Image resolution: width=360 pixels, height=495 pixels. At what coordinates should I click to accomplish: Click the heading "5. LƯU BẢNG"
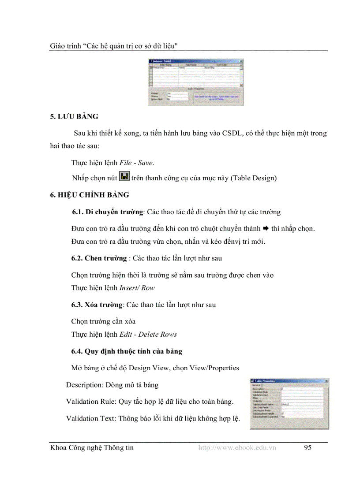point(74,117)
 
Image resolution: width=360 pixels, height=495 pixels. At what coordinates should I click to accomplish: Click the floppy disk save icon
point(124,177)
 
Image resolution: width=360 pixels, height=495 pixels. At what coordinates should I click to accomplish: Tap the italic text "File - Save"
point(137,163)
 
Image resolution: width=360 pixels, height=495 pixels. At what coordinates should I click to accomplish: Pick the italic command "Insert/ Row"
point(137,288)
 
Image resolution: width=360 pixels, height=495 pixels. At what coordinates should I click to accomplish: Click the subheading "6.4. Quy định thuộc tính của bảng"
point(127,351)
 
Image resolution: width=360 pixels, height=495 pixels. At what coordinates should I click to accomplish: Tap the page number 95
point(307,448)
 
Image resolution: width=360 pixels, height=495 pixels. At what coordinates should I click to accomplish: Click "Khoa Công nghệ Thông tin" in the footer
point(92,448)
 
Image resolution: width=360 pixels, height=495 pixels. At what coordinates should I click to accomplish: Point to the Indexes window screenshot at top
point(195,82)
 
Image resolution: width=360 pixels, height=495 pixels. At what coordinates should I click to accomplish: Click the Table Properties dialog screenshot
point(289,403)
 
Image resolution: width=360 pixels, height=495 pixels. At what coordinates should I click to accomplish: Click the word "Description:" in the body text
point(85,385)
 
